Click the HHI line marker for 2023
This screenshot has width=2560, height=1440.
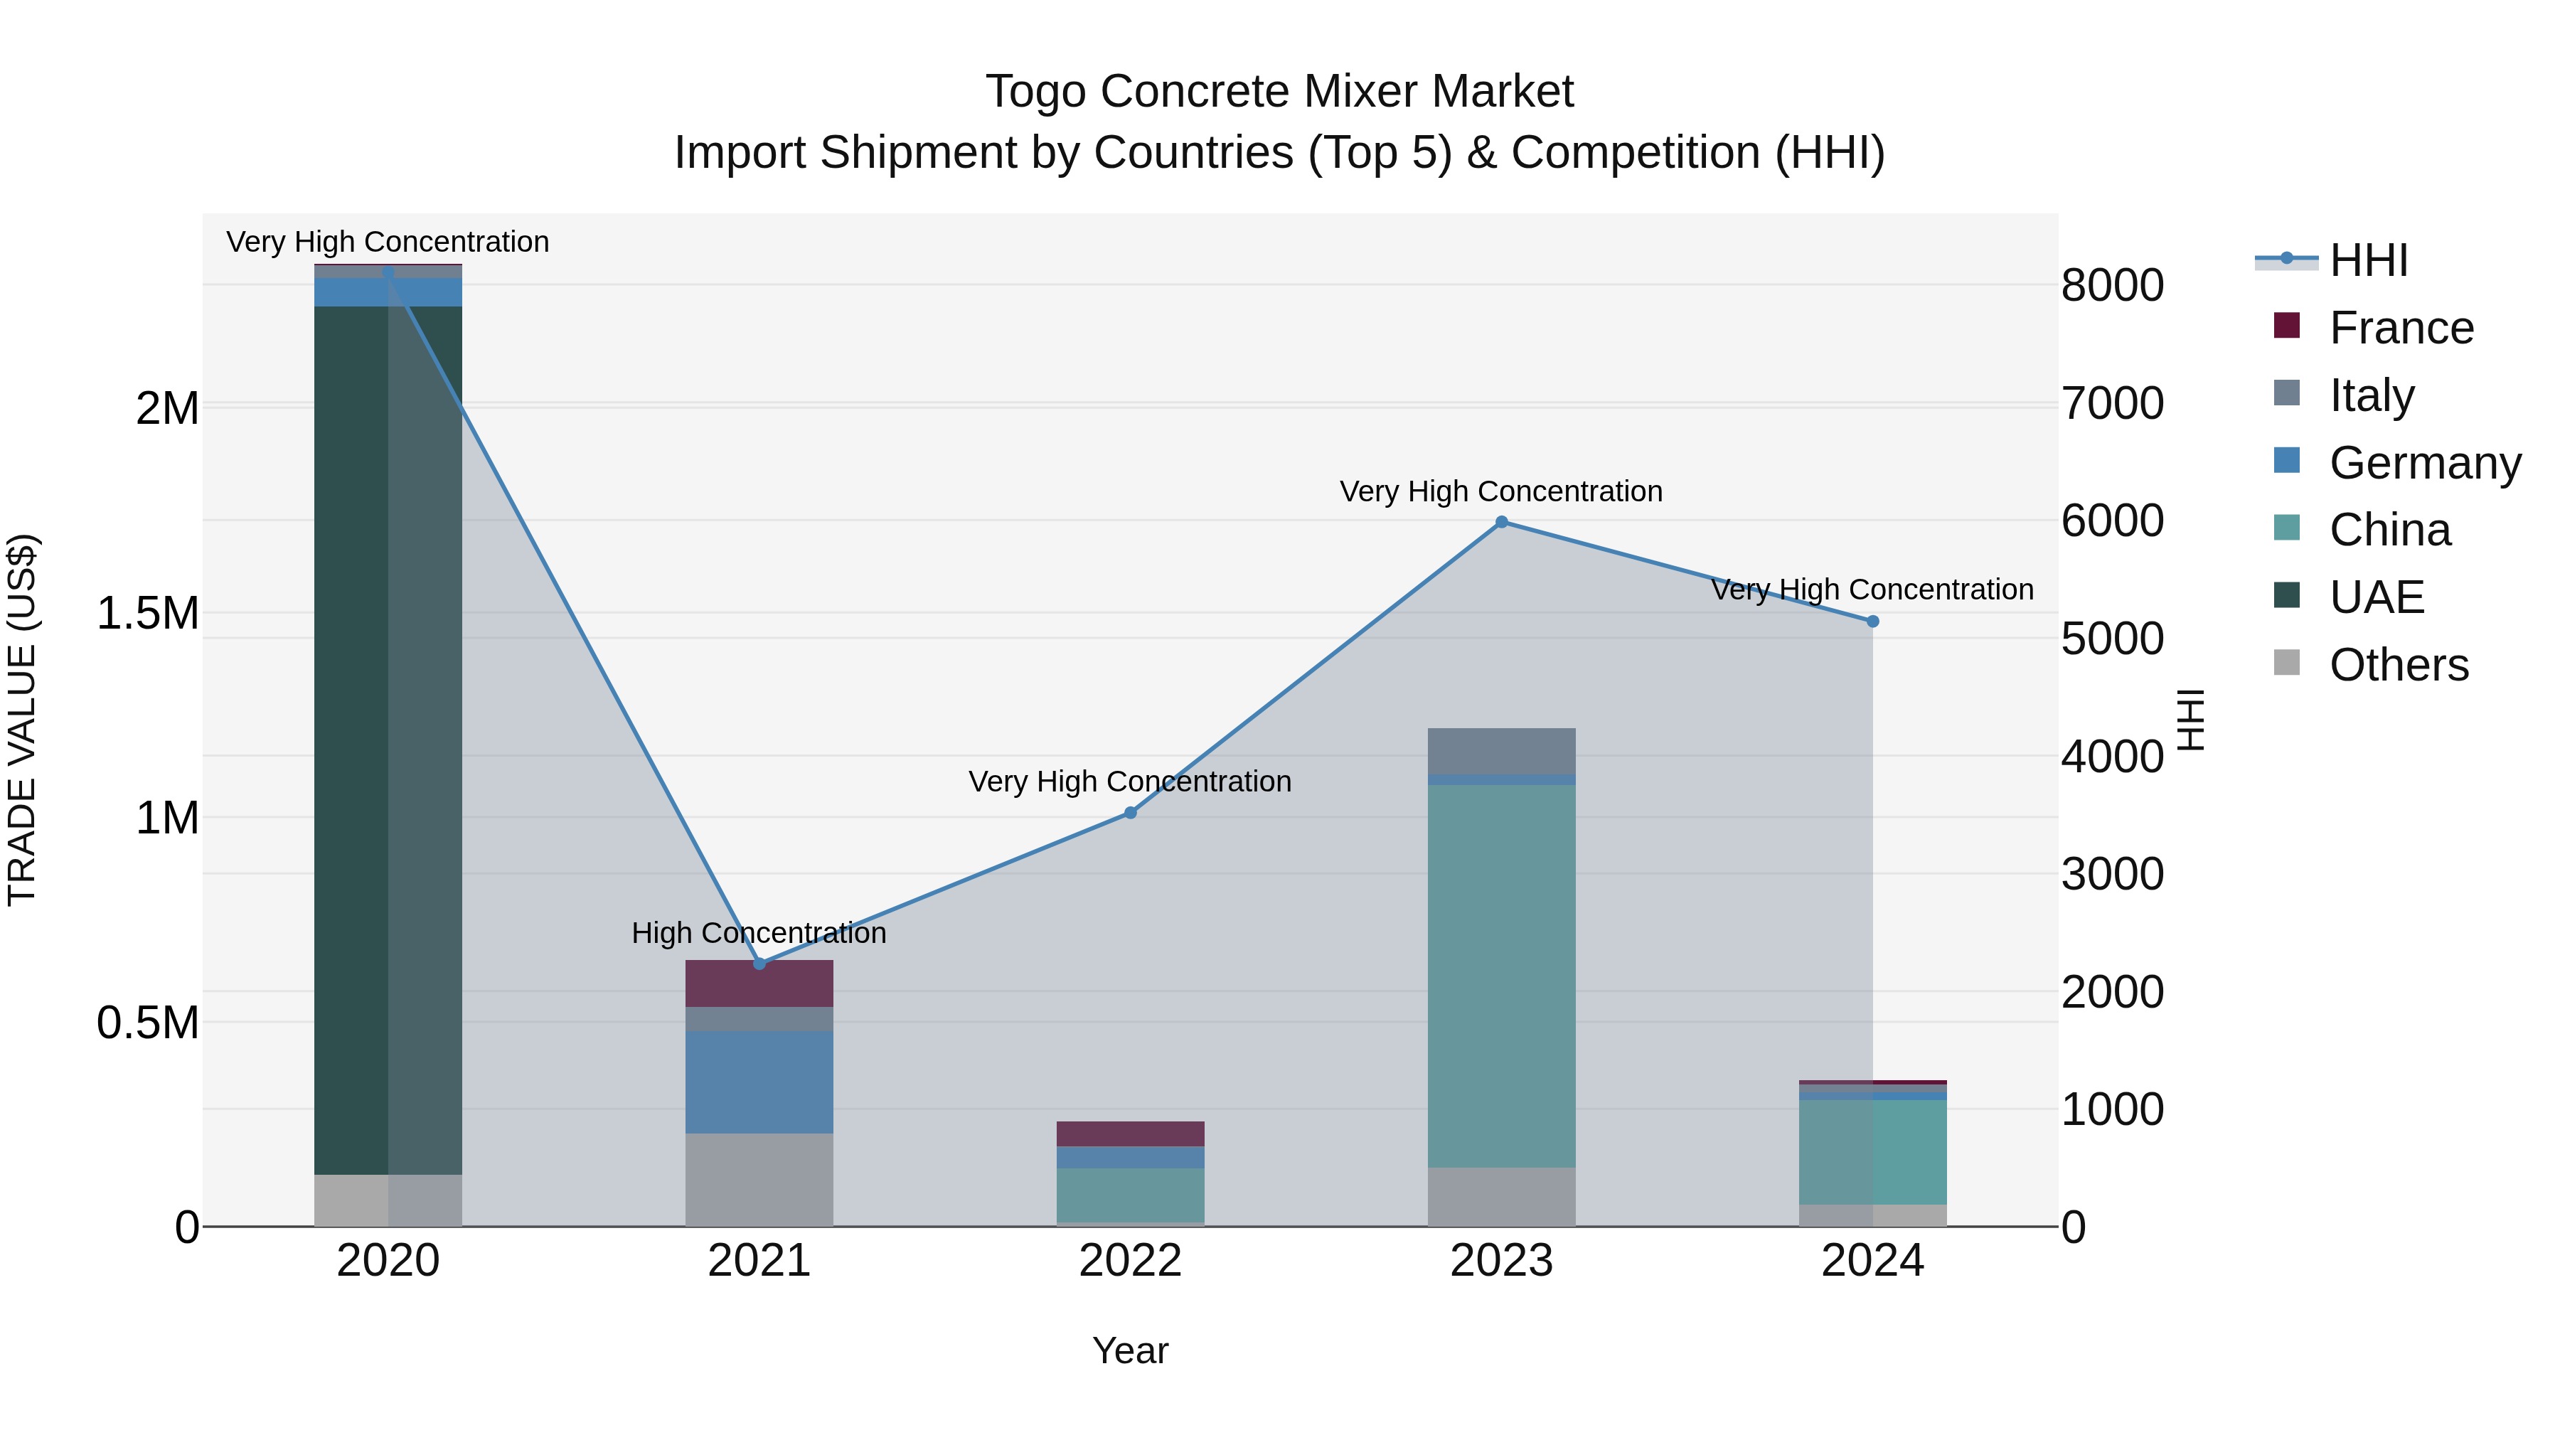pyautogui.click(x=1502, y=522)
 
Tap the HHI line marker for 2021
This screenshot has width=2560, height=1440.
pyautogui.click(x=759, y=963)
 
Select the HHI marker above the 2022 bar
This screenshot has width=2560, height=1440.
pyautogui.click(x=1130, y=813)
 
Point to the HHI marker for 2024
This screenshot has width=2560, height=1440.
pyautogui.click(x=1872, y=621)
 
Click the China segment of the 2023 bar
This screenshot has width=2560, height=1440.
pyautogui.click(x=1502, y=974)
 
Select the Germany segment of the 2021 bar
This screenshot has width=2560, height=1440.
pyautogui.click(x=759, y=1081)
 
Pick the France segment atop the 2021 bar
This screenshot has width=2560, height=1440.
pyautogui.click(x=759, y=983)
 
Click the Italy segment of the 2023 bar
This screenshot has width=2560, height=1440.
pyautogui.click(x=1502, y=750)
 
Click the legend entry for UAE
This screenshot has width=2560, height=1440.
pyautogui.click(x=2375, y=597)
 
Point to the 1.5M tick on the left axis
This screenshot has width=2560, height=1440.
pyautogui.click(x=147, y=613)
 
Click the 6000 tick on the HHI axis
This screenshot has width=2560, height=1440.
pyautogui.click(x=2112, y=521)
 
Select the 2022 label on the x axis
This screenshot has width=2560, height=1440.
pyautogui.click(x=1130, y=1261)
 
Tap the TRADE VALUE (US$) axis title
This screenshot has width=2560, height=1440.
pyautogui.click(x=22, y=720)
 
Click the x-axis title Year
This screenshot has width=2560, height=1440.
pyautogui.click(x=1130, y=1350)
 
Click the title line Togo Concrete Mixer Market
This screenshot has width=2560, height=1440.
pyautogui.click(x=1279, y=92)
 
